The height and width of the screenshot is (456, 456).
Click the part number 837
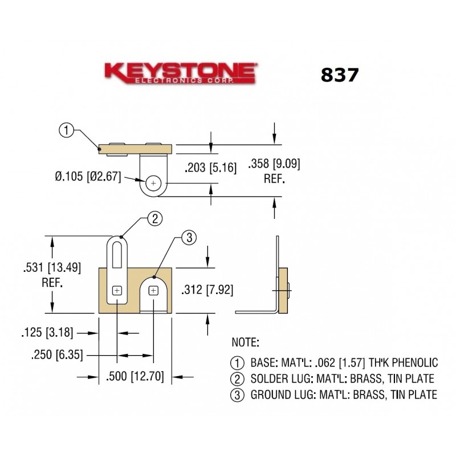[x=340, y=75]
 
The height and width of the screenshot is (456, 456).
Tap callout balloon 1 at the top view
[x=67, y=131]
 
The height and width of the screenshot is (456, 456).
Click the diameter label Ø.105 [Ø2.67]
[x=88, y=177]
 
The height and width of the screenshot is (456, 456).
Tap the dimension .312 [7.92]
[x=206, y=290]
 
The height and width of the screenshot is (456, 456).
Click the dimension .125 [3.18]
[x=43, y=332]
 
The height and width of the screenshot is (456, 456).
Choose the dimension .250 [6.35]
[x=56, y=355]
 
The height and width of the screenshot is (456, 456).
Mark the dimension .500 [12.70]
[x=136, y=376]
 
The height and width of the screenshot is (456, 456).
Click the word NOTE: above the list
[x=245, y=343]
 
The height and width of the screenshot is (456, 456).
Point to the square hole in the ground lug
[x=153, y=291]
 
